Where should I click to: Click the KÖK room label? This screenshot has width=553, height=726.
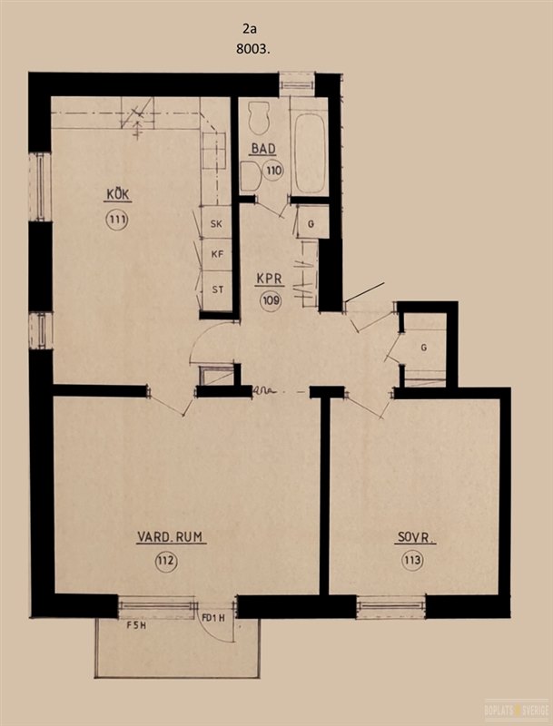pos(118,194)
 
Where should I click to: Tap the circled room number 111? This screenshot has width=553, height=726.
pos(117,220)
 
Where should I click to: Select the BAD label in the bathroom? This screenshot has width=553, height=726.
pos(263,149)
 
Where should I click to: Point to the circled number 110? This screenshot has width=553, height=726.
pos(273,171)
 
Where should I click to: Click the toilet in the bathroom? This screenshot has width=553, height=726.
pos(259,118)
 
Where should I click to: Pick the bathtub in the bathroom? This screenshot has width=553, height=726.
pos(309,153)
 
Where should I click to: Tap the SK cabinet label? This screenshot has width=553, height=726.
pos(216,224)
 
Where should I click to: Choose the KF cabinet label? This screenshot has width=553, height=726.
pos(217,254)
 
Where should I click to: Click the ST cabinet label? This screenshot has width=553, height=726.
pos(218,289)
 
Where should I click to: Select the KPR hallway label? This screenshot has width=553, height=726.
pos(270,280)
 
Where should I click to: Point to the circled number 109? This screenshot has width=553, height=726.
pos(271,301)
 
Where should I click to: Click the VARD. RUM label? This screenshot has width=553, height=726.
pos(170,537)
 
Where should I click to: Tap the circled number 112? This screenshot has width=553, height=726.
pos(166,562)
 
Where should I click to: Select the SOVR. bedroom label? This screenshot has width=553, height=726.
pos(415,537)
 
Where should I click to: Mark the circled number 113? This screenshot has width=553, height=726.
pos(412,561)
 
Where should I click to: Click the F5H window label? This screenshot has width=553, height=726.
pos(136,625)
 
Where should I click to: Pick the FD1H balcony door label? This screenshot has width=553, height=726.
pos(213,618)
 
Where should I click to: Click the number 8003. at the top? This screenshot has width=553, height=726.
pos(252,49)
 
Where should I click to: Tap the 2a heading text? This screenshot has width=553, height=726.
pos(250,29)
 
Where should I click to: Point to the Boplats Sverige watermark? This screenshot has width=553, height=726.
pos(517,710)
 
